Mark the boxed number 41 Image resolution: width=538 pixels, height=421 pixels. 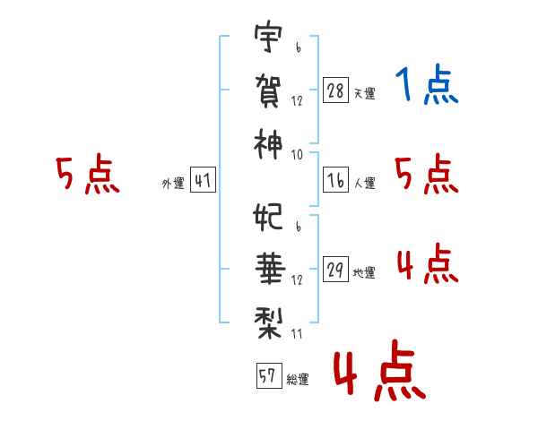(203, 181)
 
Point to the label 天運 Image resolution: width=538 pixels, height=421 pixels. (364, 93)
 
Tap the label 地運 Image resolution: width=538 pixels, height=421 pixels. (364, 273)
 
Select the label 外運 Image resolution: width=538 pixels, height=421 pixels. (172, 183)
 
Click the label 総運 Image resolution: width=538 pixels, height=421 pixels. (297, 379)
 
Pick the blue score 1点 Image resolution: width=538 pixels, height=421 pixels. (426, 87)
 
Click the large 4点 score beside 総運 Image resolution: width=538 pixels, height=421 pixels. (377, 373)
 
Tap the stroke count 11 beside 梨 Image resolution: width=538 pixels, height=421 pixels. (298, 333)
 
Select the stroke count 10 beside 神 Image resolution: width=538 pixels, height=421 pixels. (298, 155)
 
